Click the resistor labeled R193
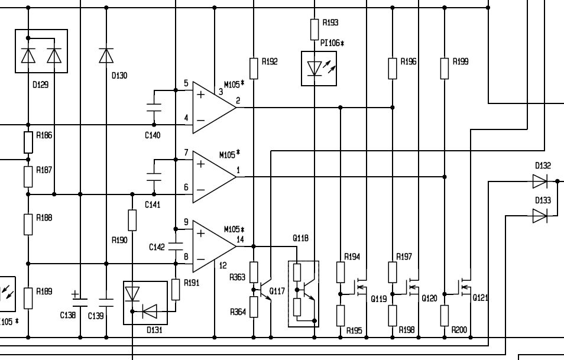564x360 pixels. tap(315, 28)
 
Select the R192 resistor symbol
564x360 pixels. tap(254, 68)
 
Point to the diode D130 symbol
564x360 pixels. tap(106, 56)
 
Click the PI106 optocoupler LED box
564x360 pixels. tap(318, 69)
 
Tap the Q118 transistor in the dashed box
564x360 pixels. tap(303, 293)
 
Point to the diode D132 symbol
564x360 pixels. tap(540, 180)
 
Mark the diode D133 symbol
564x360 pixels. tap(540, 216)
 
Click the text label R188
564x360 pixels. tap(44, 218)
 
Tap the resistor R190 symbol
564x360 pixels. tap(132, 220)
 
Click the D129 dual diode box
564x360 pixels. tap(41, 52)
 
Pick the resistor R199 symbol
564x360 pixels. tap(444, 68)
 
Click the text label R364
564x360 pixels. tap(238, 312)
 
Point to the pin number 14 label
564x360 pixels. tap(239, 239)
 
